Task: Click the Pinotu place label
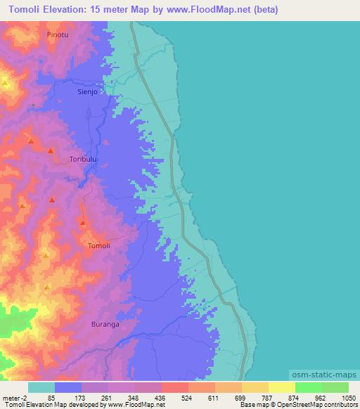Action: click(x=58, y=34)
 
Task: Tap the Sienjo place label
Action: click(x=89, y=91)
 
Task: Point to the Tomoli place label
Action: click(x=98, y=245)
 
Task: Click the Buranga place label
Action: click(x=105, y=325)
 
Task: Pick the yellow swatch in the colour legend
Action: click(x=281, y=387)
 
